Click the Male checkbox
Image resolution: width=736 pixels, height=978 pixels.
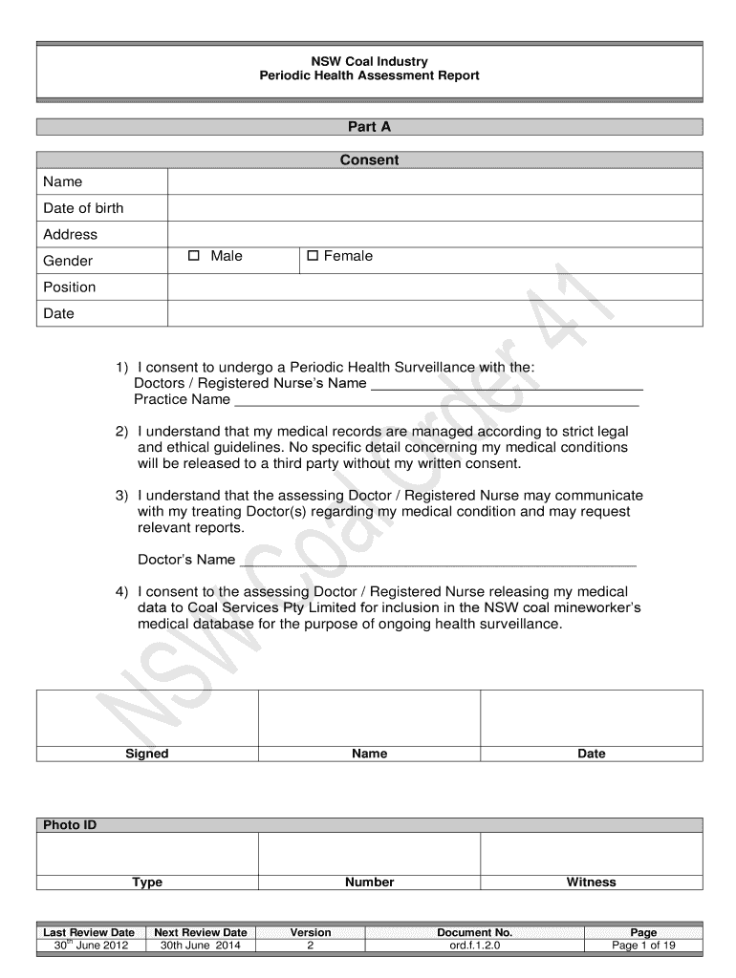[x=193, y=256]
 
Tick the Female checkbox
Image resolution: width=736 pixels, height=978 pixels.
[x=313, y=256]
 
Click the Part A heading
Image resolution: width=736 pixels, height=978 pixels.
[x=369, y=126]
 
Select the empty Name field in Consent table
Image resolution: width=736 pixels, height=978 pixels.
[x=435, y=181]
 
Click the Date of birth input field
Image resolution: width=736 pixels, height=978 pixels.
[x=435, y=208]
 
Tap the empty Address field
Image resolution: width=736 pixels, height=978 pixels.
[x=435, y=234]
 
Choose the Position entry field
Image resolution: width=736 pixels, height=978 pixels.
[x=435, y=287]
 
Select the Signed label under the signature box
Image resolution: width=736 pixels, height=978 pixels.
[x=147, y=754]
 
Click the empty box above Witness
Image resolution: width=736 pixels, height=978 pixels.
[x=591, y=853]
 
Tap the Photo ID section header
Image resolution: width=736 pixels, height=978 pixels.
[x=70, y=824]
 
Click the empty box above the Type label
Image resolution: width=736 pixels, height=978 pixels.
[x=147, y=853]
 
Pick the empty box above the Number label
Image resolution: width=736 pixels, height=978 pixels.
[x=369, y=853]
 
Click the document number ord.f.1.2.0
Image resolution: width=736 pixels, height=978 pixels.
[x=474, y=946]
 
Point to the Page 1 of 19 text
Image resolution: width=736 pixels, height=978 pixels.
[x=643, y=946]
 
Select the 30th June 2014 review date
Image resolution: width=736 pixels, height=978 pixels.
[x=200, y=946]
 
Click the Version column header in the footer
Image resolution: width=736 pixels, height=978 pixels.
[x=311, y=932]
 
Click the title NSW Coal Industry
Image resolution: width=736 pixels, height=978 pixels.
[x=369, y=60]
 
